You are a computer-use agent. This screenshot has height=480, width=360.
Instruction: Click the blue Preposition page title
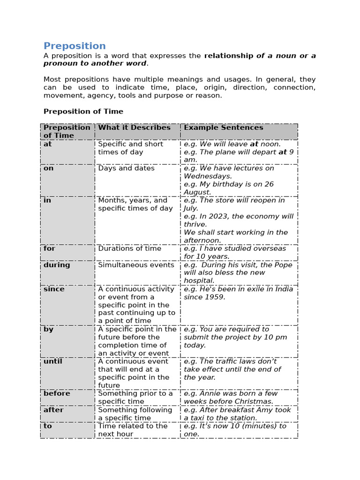pyautogui.click(x=75, y=46)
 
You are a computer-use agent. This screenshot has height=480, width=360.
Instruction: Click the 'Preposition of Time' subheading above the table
pyautogui.click(x=83, y=112)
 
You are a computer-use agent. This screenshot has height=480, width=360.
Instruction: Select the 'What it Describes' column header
pyautogui.click(x=134, y=127)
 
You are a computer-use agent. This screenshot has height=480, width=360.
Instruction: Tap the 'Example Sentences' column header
pyautogui.click(x=223, y=127)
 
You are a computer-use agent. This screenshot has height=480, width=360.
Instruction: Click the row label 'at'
pyautogui.click(x=48, y=144)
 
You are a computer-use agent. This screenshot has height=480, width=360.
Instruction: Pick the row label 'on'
pyautogui.click(x=49, y=168)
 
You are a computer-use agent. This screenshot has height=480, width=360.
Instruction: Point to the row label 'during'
pyautogui.click(x=57, y=265)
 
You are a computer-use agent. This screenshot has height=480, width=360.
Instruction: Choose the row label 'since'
pyautogui.click(x=53, y=289)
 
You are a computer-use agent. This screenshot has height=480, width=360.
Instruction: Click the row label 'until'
pyautogui.click(x=53, y=361)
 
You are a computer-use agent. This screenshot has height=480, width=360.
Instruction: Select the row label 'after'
pyautogui.click(x=53, y=410)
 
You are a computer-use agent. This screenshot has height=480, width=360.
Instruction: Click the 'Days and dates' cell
pyautogui.click(x=126, y=168)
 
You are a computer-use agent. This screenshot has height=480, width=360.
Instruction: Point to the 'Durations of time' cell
pyautogui.click(x=129, y=248)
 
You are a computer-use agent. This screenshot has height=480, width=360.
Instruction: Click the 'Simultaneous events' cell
pyautogui.click(x=136, y=265)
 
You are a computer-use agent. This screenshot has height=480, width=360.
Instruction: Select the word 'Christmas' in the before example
pyautogui.click(x=255, y=402)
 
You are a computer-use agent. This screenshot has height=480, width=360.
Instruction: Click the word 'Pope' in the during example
pyautogui.click(x=283, y=265)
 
